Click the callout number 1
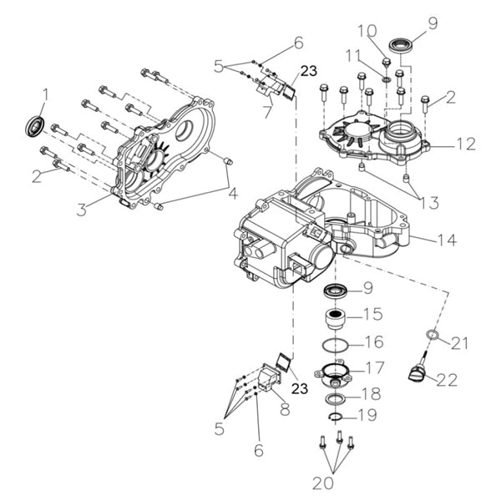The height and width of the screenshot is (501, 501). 46,94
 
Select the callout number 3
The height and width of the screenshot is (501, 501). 81,210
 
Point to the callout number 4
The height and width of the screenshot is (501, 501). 233,194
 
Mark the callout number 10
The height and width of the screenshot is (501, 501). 367,32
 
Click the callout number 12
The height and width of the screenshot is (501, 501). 465,144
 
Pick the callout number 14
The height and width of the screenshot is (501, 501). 447,240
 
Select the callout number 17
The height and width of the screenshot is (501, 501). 374,367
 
